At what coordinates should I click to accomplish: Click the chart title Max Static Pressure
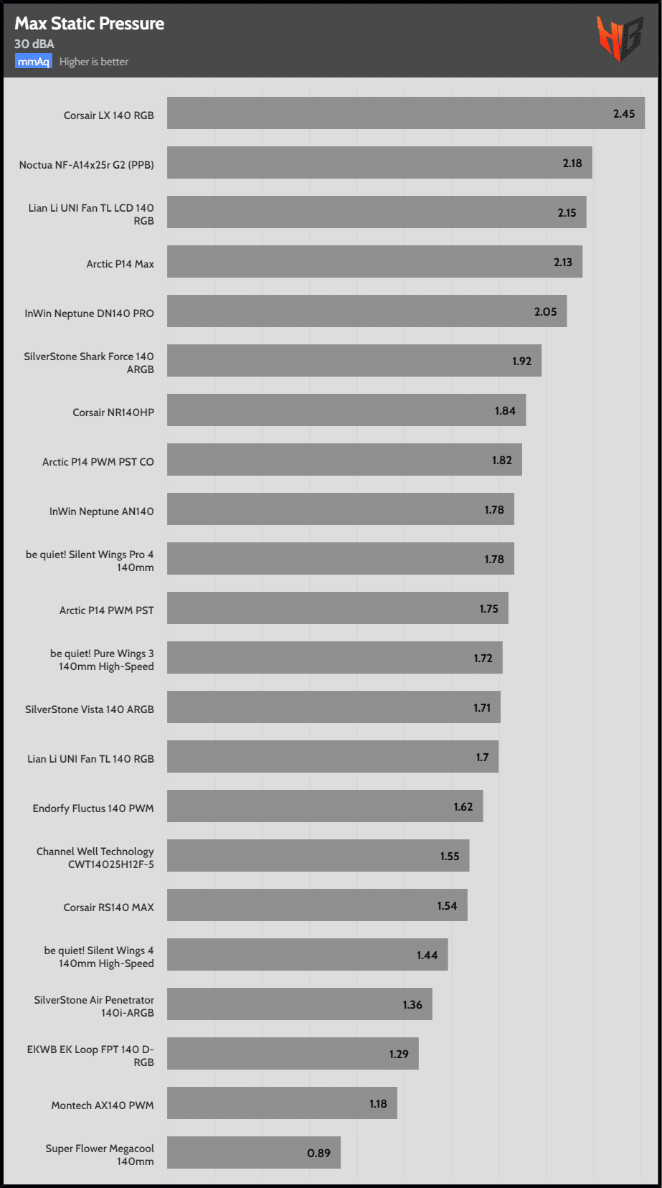(x=89, y=24)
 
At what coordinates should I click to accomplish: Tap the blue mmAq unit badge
(x=34, y=62)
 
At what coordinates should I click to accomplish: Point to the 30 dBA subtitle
(x=34, y=44)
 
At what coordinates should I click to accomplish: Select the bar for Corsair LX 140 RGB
(x=405, y=113)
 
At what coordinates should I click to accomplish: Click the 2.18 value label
(x=572, y=164)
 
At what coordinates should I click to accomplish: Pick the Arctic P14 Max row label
(x=120, y=264)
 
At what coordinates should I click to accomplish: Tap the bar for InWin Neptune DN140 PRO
(x=367, y=311)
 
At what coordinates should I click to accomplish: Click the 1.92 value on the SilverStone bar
(x=521, y=361)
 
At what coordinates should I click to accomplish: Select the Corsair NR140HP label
(x=113, y=412)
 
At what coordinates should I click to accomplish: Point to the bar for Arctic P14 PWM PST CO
(x=344, y=460)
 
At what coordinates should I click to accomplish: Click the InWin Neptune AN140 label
(x=101, y=511)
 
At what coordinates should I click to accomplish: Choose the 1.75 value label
(x=488, y=609)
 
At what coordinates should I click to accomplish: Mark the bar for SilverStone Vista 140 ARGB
(x=334, y=708)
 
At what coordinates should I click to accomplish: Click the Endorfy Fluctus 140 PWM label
(x=93, y=808)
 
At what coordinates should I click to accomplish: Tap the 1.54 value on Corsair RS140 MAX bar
(x=447, y=906)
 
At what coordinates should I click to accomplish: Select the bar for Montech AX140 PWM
(x=282, y=1103)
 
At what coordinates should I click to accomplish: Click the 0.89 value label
(x=318, y=1154)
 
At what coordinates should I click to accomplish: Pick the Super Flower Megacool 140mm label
(x=100, y=1155)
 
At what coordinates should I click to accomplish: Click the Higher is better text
(x=94, y=62)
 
